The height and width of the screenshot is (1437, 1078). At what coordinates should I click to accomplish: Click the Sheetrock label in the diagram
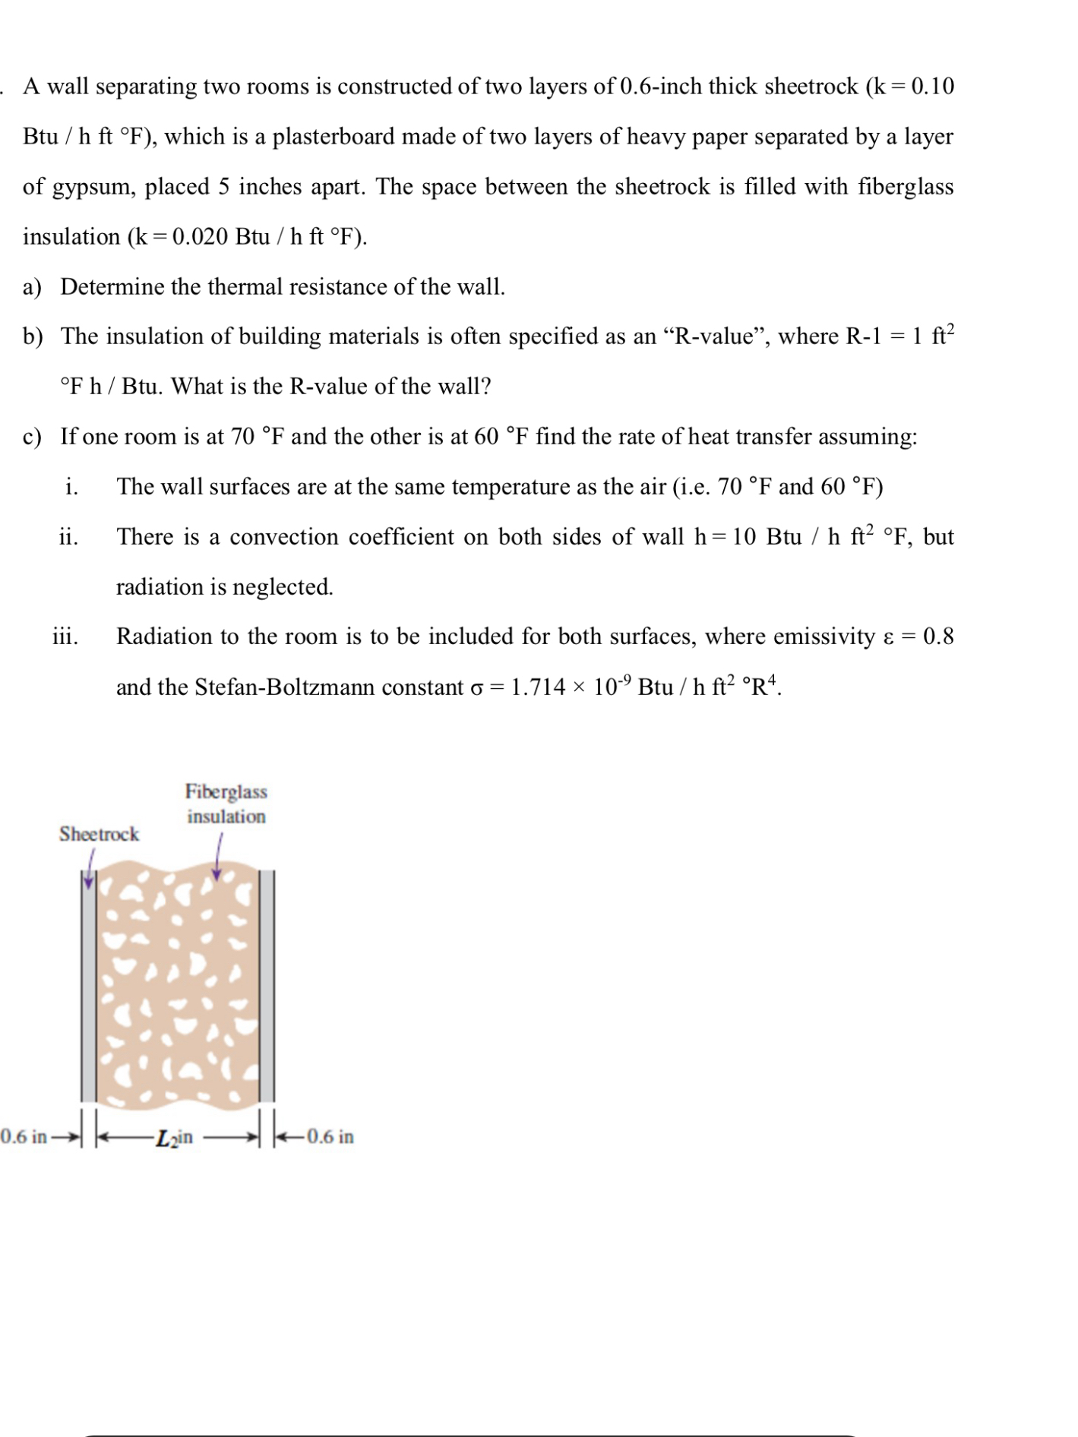[x=99, y=834]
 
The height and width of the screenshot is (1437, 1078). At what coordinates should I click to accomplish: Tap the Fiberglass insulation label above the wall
[x=226, y=804]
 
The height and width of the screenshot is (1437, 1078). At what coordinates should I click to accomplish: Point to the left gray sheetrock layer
[x=89, y=987]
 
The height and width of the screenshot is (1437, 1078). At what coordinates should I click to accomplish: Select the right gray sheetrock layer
[x=267, y=987]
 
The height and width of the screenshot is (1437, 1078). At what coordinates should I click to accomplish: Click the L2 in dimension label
[x=174, y=1138]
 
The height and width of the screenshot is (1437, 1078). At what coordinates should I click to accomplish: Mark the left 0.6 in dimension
[x=24, y=1137]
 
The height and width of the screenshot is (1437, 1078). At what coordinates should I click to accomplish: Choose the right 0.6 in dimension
[x=330, y=1137]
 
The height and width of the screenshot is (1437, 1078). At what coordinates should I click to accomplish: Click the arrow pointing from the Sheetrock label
[x=90, y=868]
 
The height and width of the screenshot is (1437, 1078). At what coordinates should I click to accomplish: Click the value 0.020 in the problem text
[x=200, y=237]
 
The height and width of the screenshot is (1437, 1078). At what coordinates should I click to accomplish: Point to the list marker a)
[x=32, y=287]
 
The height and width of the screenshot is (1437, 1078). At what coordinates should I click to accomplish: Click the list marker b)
[x=32, y=336]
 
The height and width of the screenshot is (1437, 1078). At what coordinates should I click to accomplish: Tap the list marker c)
[x=32, y=437]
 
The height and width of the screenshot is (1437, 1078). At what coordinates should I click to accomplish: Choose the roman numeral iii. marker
[x=65, y=636]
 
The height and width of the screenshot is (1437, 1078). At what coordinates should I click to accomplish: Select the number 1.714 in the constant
[x=538, y=687]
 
